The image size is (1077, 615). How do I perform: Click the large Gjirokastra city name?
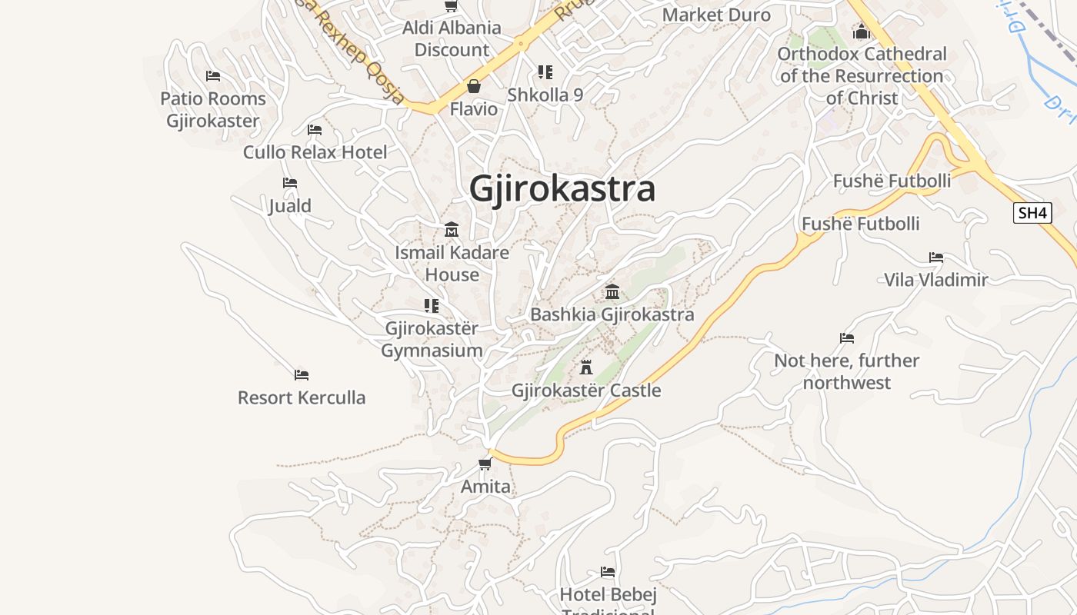(x=562, y=189)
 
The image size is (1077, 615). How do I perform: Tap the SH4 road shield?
(x=1032, y=213)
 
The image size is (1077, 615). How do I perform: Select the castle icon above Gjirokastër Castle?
(x=586, y=367)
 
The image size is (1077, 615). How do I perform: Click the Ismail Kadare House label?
(x=452, y=263)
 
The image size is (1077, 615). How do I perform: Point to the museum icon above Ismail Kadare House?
(x=452, y=230)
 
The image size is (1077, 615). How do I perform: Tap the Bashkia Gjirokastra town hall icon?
(x=612, y=291)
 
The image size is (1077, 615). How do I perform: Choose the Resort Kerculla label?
(x=302, y=397)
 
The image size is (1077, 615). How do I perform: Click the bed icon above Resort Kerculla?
(x=302, y=375)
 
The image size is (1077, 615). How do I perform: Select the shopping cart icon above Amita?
(x=485, y=464)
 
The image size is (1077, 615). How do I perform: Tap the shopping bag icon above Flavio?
(x=474, y=86)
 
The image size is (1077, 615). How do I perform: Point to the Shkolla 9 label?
(x=545, y=95)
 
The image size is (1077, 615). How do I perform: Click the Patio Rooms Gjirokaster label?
(x=213, y=109)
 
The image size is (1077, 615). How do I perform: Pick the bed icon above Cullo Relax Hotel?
(x=315, y=129)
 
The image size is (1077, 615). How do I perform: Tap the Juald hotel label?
(x=290, y=205)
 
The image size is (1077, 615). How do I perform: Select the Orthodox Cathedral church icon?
(x=862, y=32)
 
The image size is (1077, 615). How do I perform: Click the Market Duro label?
(x=716, y=15)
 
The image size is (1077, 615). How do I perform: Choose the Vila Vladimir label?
(x=935, y=279)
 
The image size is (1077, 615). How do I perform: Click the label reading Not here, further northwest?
(x=846, y=371)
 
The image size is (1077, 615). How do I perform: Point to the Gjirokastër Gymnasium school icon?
(x=432, y=306)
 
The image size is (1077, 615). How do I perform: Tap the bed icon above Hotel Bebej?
(x=608, y=572)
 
